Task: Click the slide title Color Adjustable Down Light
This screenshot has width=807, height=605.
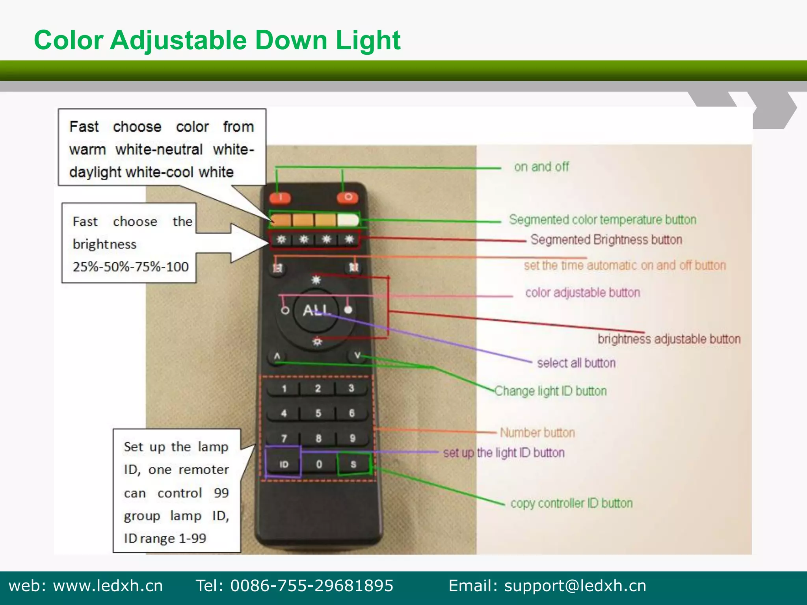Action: coord(217,40)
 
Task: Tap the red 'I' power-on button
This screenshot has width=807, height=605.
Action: coord(280,197)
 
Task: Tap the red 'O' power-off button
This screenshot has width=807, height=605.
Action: coord(348,197)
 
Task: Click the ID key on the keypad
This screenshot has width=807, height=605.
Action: coord(284,464)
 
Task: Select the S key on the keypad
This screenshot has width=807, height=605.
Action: coord(353,464)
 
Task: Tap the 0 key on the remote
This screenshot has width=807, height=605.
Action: coord(319,464)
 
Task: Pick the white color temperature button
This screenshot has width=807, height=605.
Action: coord(348,220)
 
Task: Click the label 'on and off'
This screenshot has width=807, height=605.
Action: coord(541,167)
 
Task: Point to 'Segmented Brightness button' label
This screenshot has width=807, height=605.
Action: coord(606,239)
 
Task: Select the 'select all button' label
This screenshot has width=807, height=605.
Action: coord(576,363)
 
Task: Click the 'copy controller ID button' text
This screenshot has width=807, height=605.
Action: coord(571,503)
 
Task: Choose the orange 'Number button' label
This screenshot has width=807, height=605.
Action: coord(537,432)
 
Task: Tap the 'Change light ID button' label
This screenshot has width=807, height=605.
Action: coord(550,391)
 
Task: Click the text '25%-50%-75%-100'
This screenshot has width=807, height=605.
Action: coord(130,267)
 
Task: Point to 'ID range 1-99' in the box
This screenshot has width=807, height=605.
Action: coord(165,538)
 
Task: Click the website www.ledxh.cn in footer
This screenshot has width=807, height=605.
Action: coord(108,586)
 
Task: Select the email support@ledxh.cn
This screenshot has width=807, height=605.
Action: coord(575,586)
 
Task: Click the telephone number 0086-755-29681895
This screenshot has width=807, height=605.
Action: coord(312,586)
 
